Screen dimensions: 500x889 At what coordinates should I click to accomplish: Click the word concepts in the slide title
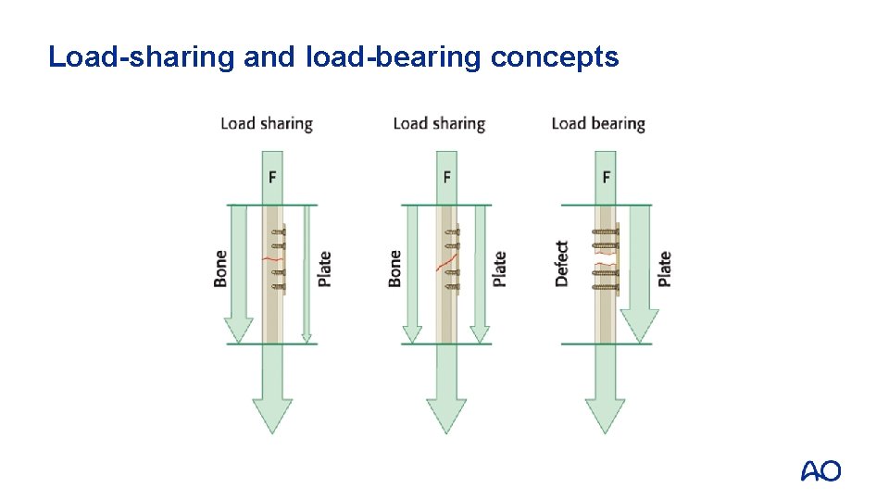pyautogui.click(x=555, y=57)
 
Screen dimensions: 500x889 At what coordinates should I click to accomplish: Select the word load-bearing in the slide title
pyautogui.click(x=393, y=57)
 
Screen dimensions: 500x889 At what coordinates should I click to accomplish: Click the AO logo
pyautogui.click(x=820, y=470)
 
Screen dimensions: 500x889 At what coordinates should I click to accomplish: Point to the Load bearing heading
pyautogui.click(x=597, y=123)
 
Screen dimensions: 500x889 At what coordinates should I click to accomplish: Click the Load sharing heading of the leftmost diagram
pyautogui.click(x=267, y=123)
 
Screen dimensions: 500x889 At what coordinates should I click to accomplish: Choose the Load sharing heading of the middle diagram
pyautogui.click(x=439, y=123)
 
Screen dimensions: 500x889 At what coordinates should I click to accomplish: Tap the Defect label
pyautogui.click(x=561, y=264)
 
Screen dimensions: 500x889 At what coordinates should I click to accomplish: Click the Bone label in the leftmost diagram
pyautogui.click(x=220, y=268)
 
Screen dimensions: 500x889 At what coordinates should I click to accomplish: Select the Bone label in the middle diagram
pyautogui.click(x=395, y=268)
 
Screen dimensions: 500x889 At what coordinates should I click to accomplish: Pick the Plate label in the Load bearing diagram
pyautogui.click(x=664, y=269)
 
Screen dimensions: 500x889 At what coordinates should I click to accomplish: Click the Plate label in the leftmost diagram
pyautogui.click(x=324, y=269)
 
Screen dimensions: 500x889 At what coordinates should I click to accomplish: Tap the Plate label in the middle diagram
pyautogui.click(x=499, y=269)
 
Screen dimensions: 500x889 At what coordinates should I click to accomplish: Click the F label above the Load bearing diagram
pyautogui.click(x=607, y=177)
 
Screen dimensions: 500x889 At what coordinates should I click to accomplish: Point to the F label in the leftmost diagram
pyautogui.click(x=272, y=177)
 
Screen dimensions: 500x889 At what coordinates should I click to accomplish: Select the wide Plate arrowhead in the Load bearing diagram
pyautogui.click(x=639, y=325)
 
